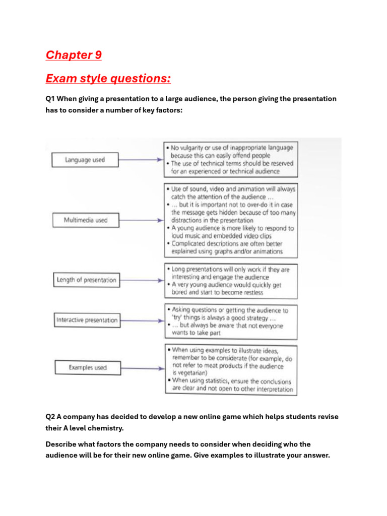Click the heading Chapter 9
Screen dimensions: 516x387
point(74,55)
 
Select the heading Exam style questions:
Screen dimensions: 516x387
point(108,79)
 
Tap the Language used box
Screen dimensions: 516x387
point(85,160)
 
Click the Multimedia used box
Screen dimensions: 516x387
point(86,220)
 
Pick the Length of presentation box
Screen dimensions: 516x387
point(86,280)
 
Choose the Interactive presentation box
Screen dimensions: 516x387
point(87,320)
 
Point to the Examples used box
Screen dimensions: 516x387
point(88,368)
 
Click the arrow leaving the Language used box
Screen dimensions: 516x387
point(141,160)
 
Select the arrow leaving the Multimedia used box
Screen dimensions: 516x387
point(142,220)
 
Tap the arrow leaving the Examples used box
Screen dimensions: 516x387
point(142,368)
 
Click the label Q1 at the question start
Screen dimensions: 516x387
point(50,99)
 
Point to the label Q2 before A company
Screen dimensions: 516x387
point(50,417)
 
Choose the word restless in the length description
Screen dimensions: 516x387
point(247,292)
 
